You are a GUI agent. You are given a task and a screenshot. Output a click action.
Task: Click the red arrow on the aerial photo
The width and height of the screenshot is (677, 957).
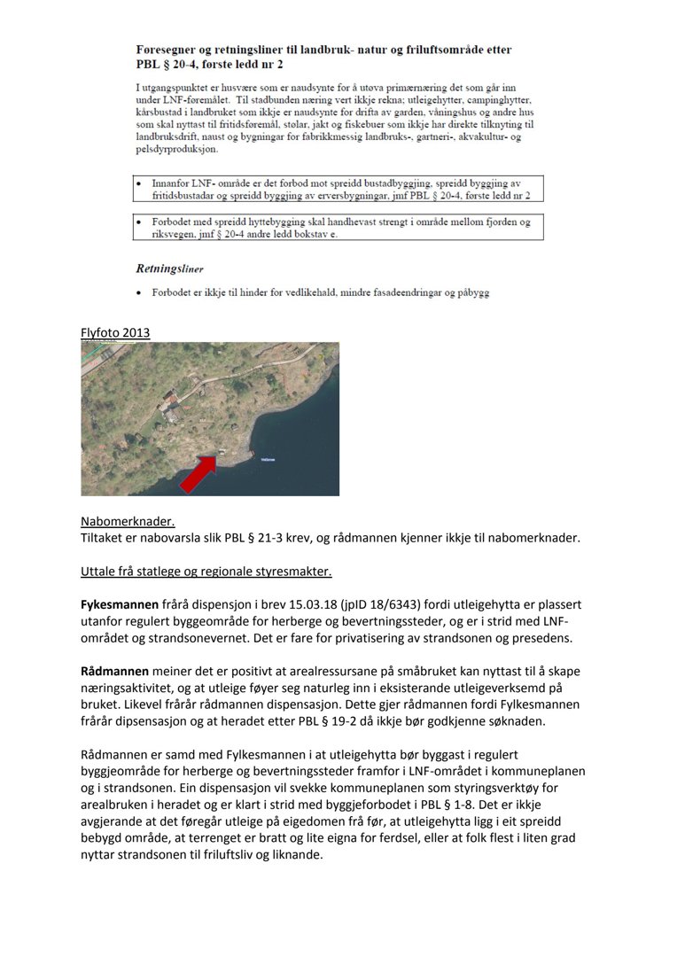(199, 473)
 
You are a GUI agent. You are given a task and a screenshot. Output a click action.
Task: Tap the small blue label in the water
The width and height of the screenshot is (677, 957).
(269, 460)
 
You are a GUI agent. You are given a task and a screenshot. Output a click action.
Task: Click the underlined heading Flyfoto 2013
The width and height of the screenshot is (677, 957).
(115, 333)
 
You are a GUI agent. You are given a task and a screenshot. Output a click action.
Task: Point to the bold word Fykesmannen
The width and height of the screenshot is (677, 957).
(120, 604)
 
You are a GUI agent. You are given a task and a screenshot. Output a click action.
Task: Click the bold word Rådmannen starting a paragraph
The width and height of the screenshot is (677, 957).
(115, 671)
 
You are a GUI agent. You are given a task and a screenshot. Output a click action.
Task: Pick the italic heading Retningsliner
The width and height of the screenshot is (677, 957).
(169, 268)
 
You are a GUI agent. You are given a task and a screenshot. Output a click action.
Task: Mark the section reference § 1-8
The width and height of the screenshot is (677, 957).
(475, 805)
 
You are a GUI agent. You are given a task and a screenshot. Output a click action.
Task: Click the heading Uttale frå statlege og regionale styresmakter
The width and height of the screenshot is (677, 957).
(206, 571)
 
